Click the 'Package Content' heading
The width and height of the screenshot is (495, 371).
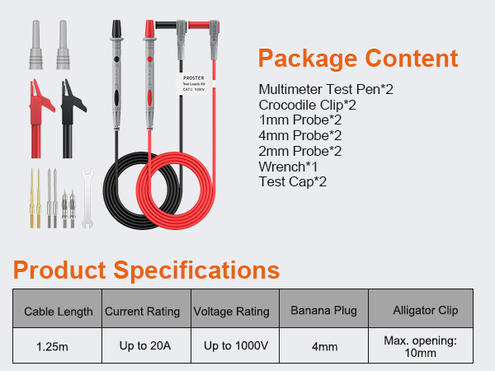point(357,59)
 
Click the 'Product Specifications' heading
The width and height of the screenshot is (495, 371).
point(146,270)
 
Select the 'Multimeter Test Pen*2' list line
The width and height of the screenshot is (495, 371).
point(325,88)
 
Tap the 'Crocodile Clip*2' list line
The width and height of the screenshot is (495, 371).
point(307,104)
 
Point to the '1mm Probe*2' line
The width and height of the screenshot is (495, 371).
point(299,120)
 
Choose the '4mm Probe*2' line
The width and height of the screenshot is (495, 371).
point(299,135)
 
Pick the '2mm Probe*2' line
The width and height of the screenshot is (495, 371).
point(299,151)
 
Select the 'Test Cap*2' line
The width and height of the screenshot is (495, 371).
point(293,181)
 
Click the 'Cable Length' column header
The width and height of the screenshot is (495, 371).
point(58,312)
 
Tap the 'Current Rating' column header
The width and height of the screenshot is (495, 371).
point(142,312)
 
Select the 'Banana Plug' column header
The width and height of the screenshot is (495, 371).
point(324,312)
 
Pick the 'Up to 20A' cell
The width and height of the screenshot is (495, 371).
point(145,346)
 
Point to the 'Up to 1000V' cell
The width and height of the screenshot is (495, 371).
point(235,346)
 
